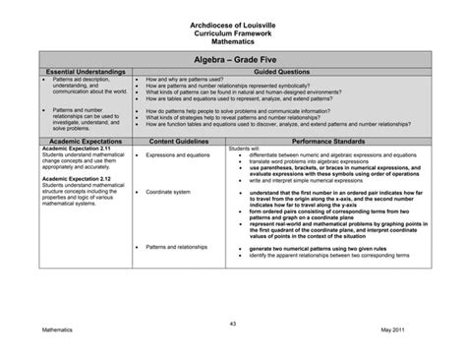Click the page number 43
(233, 322)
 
